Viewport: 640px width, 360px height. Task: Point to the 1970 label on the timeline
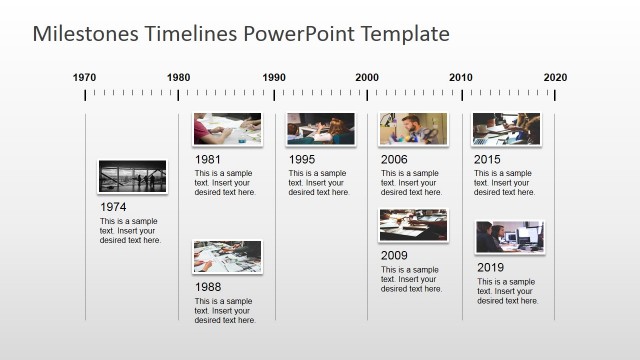click(x=85, y=77)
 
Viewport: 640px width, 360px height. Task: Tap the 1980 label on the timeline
click(x=179, y=77)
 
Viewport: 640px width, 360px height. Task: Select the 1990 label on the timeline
click(x=273, y=77)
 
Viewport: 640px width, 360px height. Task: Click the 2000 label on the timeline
click(x=367, y=77)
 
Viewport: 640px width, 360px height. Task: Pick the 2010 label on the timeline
click(x=461, y=77)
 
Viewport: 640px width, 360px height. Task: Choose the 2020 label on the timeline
click(x=555, y=77)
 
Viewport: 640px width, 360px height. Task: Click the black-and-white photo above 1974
click(x=133, y=176)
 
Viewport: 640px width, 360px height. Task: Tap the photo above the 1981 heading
click(x=227, y=129)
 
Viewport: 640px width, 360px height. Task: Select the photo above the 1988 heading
click(x=227, y=256)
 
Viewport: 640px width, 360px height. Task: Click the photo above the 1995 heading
click(x=320, y=129)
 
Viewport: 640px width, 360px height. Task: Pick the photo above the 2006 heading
click(x=413, y=129)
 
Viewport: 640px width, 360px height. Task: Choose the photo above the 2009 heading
click(x=413, y=225)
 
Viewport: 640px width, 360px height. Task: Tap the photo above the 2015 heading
click(x=506, y=129)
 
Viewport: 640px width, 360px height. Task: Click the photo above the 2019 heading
click(x=509, y=237)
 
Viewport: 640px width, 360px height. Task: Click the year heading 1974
click(x=113, y=207)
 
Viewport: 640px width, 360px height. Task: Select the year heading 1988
click(x=208, y=287)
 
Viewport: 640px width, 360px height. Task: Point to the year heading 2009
click(x=394, y=255)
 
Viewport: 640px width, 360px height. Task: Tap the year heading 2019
click(x=490, y=268)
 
